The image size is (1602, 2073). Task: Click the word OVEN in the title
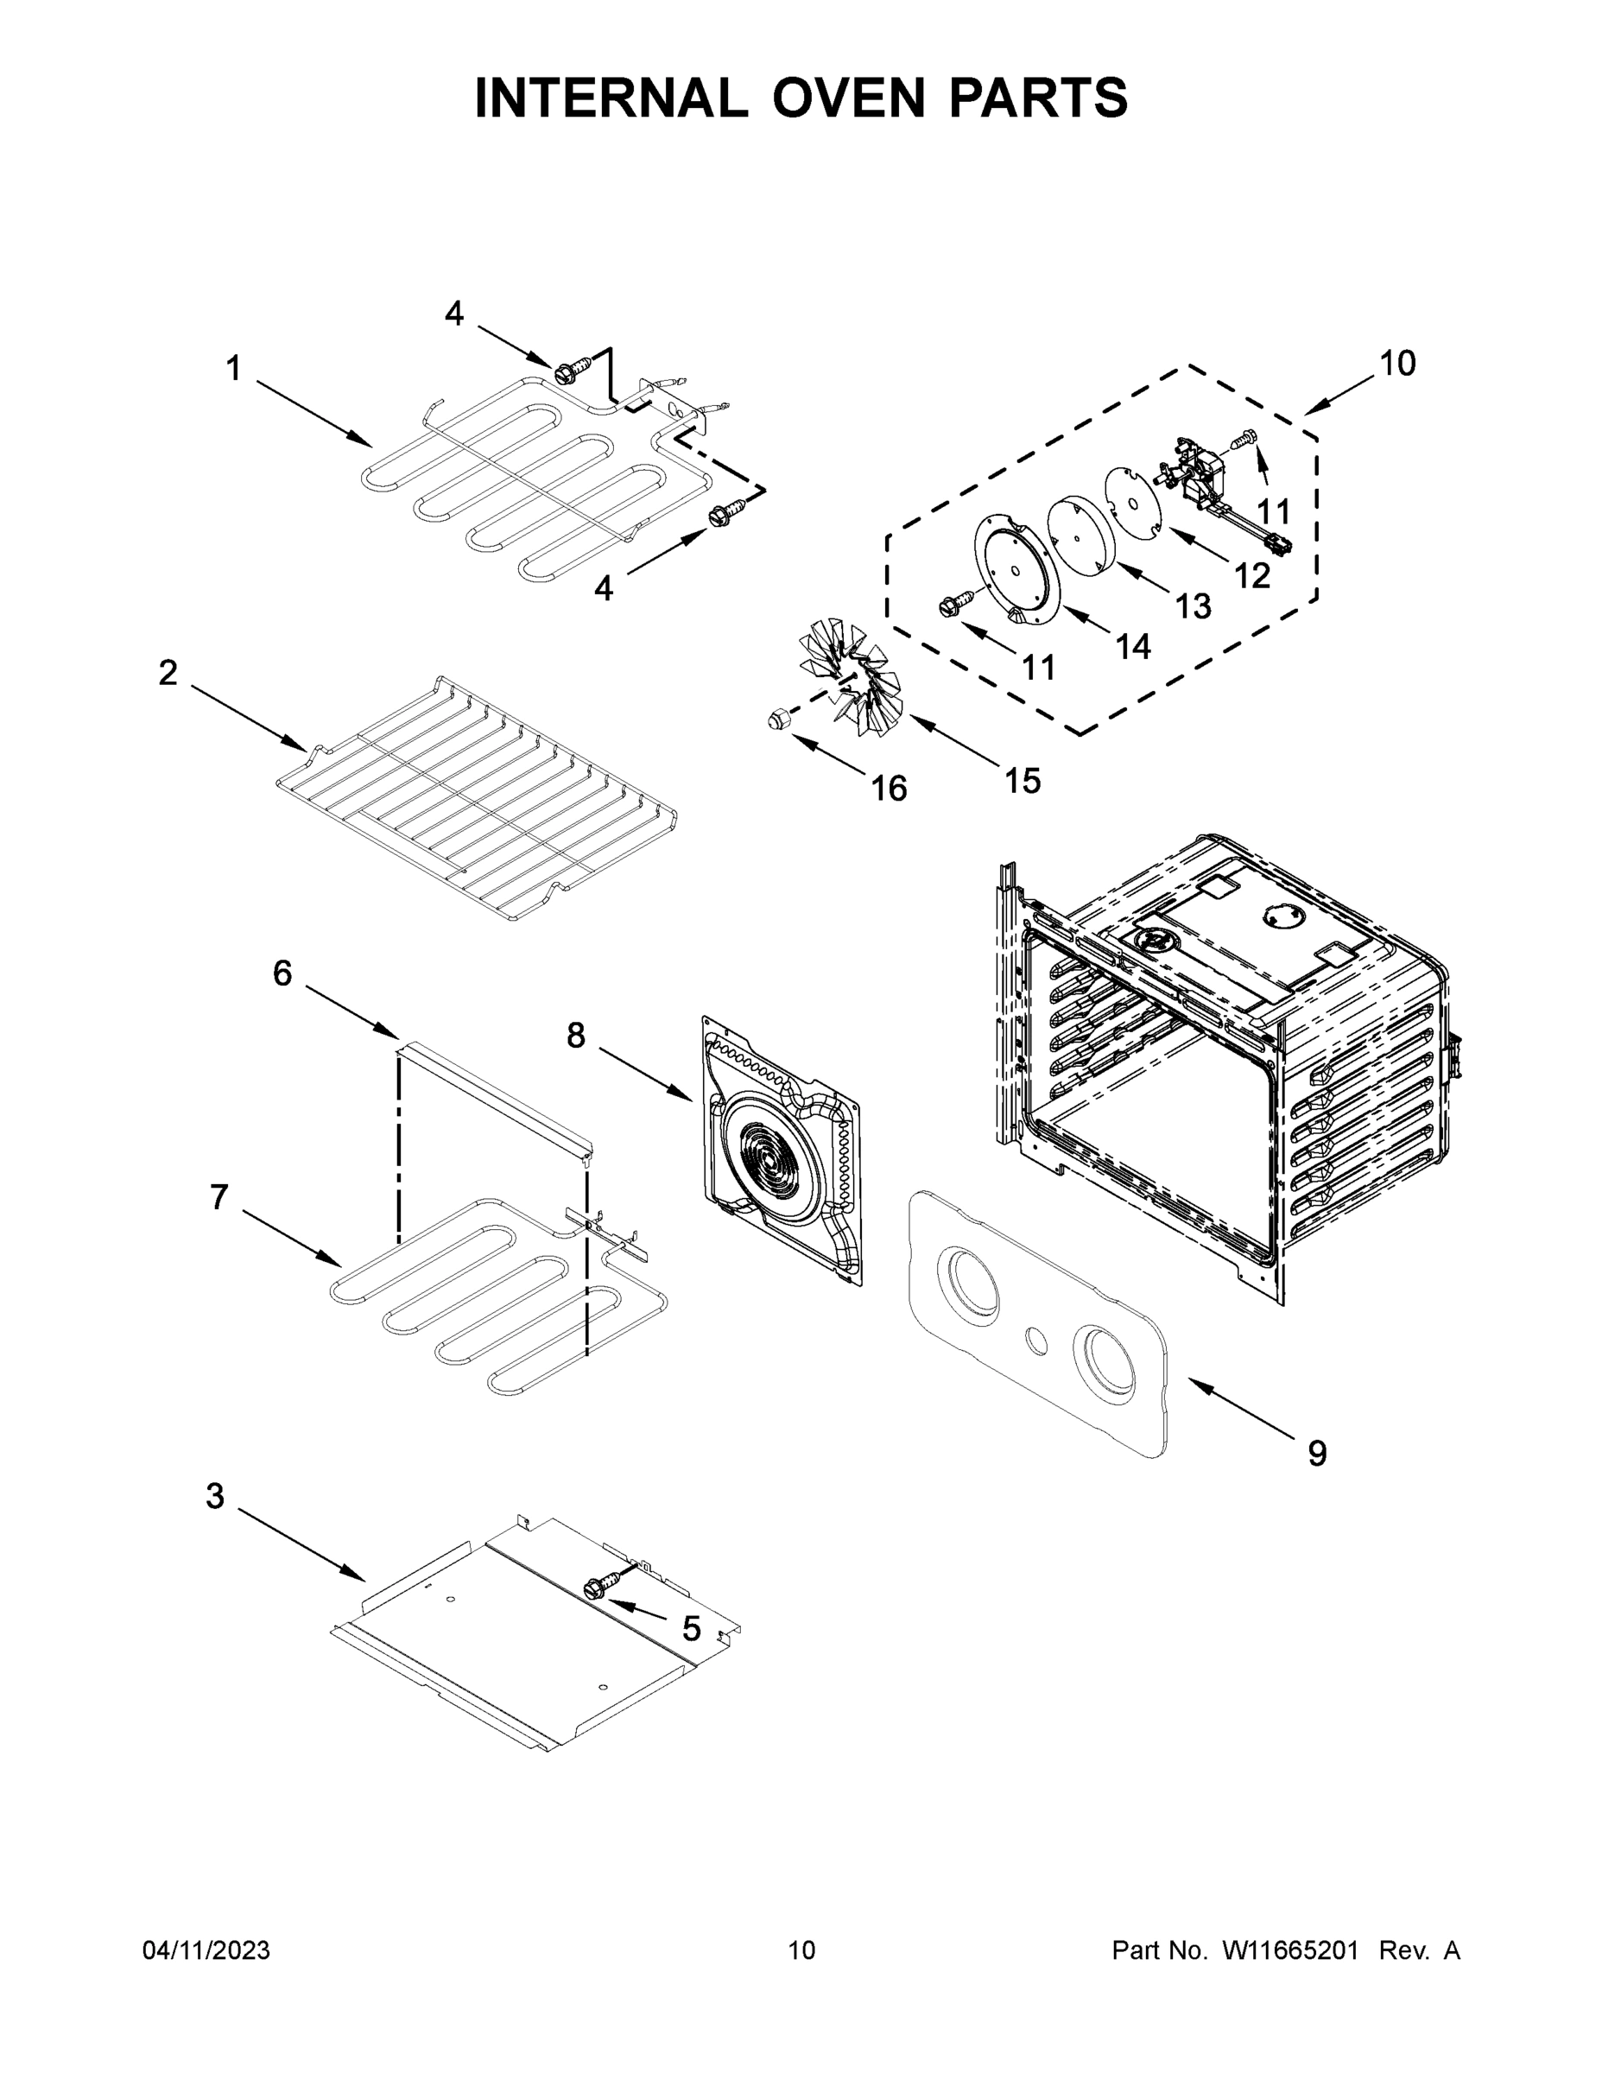[847, 98]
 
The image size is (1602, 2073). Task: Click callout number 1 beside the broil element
[233, 368]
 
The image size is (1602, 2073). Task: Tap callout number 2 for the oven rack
[168, 673]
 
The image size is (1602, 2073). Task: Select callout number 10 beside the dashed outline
[1397, 363]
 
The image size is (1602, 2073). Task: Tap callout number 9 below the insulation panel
[1316, 1453]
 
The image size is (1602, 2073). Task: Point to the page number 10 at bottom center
[801, 1949]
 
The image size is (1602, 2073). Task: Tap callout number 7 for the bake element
[219, 1197]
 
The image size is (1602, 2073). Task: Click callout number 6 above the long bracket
[282, 973]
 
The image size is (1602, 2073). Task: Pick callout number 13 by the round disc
[1192, 605]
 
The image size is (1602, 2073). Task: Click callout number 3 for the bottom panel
[215, 1496]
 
